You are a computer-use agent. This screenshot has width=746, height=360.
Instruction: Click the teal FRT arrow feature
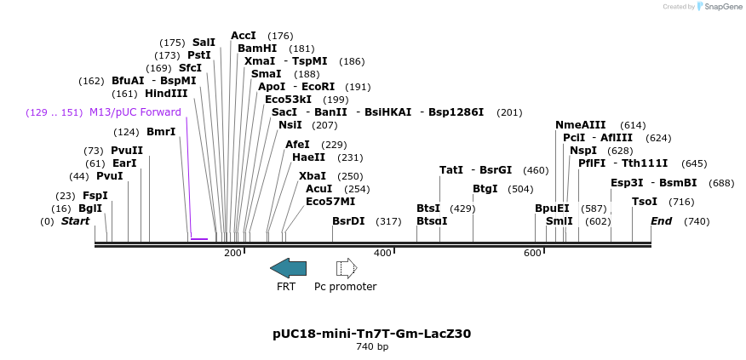pos(288,268)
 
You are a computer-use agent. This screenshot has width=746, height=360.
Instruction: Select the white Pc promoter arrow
pos(347,268)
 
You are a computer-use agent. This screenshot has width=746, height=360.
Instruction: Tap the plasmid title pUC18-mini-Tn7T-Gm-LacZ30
pos(371,334)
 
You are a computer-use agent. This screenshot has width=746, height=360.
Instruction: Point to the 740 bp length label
pos(371,346)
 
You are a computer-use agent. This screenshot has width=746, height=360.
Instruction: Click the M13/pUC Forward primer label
pos(135,112)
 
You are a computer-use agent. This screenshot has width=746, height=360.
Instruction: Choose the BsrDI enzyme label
pos(348,221)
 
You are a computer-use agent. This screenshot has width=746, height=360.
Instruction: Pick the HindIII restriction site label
pos(166,94)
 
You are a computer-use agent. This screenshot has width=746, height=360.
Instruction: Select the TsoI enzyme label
pos(645,202)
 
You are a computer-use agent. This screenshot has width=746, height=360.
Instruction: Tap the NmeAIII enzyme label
pos(581,125)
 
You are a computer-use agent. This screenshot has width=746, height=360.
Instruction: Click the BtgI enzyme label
pos(485,189)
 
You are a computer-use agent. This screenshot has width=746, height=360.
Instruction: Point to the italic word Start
pos(75,221)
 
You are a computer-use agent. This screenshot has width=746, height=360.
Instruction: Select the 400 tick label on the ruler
pos(382,253)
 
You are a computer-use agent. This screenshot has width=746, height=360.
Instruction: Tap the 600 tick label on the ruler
pos(533,253)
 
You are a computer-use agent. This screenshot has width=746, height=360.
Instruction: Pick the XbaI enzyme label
pos(313,176)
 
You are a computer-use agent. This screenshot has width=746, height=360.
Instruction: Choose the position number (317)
pos(388,221)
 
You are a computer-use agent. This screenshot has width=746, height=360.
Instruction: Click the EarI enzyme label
pos(124,163)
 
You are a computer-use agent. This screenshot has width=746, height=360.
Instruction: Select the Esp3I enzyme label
pos(627,183)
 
